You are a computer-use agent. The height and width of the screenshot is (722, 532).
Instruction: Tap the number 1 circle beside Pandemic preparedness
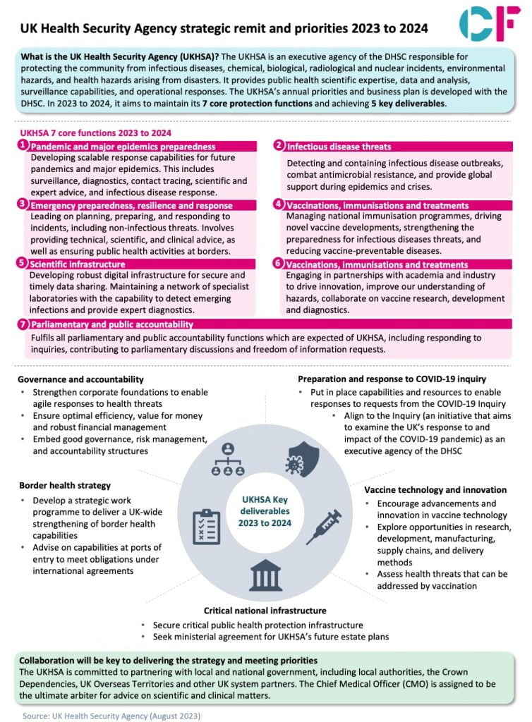(23, 146)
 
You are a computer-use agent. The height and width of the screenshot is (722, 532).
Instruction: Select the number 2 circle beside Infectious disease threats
(279, 146)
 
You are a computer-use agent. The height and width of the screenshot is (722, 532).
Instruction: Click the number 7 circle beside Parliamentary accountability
(23, 324)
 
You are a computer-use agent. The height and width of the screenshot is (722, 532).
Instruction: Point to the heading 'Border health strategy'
(65, 485)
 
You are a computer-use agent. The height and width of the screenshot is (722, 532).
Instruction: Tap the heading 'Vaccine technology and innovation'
(435, 489)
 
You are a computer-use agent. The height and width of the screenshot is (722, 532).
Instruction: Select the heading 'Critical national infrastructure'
(265, 610)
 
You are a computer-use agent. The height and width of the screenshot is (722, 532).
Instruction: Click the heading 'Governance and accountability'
(82, 379)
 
